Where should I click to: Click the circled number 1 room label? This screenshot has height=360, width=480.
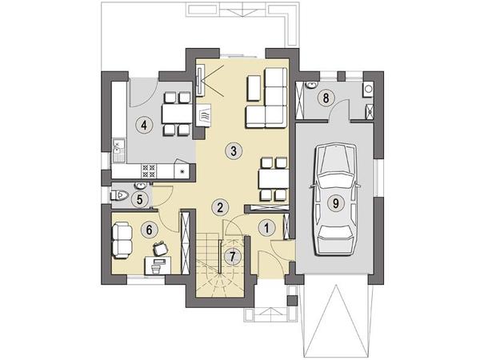pyautogui.click(x=266, y=228)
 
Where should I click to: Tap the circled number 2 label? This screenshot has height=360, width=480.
pyautogui.click(x=220, y=208)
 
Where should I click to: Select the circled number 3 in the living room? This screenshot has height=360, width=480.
pyautogui.click(x=234, y=151)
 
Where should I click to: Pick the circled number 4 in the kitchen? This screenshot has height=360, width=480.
pyautogui.click(x=144, y=125)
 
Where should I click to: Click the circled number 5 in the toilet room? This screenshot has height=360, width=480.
pyautogui.click(x=139, y=200)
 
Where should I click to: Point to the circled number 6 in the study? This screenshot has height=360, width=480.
pyautogui.click(x=149, y=230)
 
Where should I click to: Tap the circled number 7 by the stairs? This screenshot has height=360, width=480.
pyautogui.click(x=232, y=257)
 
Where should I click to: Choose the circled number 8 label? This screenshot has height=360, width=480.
pyautogui.click(x=326, y=98)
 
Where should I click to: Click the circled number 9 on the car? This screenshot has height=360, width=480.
pyautogui.click(x=336, y=202)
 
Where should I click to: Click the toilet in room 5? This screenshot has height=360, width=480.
pyautogui.click(x=121, y=194)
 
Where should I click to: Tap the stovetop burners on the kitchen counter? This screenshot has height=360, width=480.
pyautogui.click(x=149, y=171)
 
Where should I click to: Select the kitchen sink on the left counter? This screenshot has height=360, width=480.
pyautogui.click(x=118, y=150)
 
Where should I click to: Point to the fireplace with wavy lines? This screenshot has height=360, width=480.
pyautogui.click(x=204, y=115)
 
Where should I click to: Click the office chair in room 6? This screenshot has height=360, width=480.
pyautogui.click(x=160, y=248)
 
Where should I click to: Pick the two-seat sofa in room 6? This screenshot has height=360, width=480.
pyautogui.click(x=122, y=240)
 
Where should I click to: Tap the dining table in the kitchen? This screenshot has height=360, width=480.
pyautogui.click(x=178, y=114)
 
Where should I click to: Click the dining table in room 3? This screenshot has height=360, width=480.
pyautogui.click(x=274, y=178)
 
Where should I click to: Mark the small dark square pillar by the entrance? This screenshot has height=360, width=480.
pyautogui.click(x=292, y=301)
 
